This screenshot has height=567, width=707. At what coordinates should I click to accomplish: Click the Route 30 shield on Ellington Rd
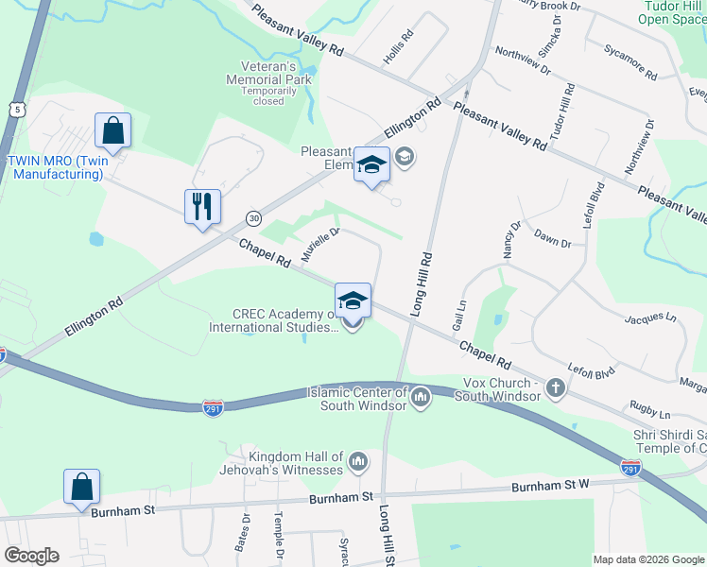[254, 218]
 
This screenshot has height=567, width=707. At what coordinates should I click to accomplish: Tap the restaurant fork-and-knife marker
[202, 207]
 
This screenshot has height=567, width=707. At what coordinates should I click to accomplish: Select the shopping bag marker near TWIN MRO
[112, 131]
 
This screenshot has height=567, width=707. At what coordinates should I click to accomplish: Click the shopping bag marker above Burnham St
[82, 488]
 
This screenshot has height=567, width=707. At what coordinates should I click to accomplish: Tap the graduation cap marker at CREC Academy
[353, 301]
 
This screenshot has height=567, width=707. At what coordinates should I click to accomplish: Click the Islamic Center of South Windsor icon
[421, 395]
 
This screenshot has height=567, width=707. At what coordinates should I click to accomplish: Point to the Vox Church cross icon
[556, 387]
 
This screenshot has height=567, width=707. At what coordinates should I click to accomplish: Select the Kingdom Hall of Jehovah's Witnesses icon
[357, 462]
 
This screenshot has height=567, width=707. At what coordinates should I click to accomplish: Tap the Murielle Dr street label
[319, 245]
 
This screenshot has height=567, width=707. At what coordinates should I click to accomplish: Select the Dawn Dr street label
[552, 238]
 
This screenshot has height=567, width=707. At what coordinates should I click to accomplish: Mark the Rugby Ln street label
[651, 414]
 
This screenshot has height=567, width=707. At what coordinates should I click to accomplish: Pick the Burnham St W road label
[550, 486]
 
